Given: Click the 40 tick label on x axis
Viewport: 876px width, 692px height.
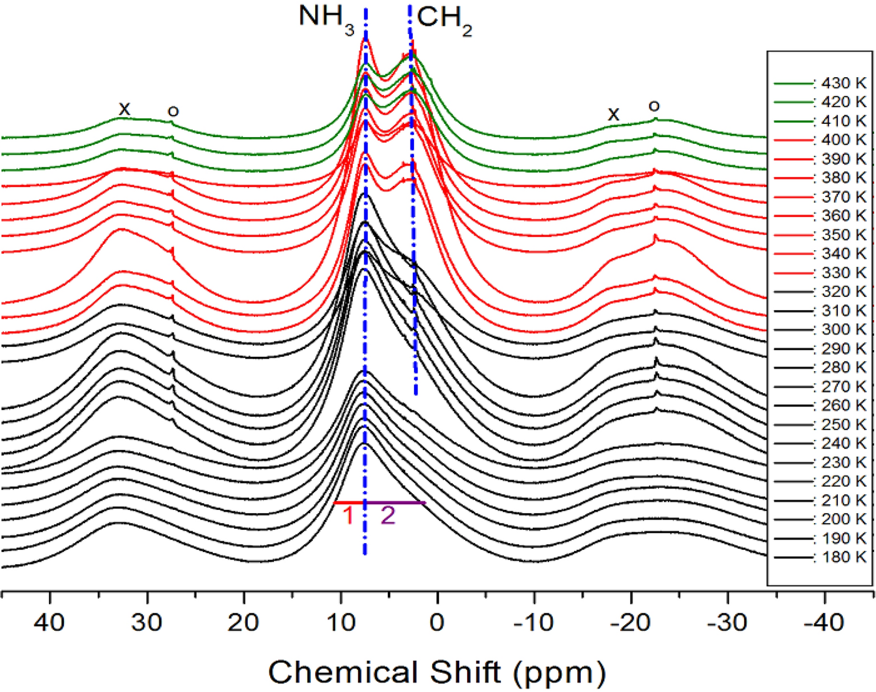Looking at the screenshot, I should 50,622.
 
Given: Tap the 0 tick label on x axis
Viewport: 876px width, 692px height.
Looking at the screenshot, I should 437,622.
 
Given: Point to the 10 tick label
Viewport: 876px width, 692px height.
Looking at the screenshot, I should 340,622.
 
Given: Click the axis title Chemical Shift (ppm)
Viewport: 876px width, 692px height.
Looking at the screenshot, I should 437,672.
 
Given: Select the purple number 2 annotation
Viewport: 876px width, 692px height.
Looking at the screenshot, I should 388,516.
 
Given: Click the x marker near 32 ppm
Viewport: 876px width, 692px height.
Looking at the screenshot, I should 124,108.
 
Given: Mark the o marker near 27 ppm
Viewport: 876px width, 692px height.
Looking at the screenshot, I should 173,111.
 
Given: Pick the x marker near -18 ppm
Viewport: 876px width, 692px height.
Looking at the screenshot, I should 613,114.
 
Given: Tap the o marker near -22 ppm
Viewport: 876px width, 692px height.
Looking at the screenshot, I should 654,106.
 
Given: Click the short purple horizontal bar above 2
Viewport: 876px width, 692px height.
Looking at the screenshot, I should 396,503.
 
